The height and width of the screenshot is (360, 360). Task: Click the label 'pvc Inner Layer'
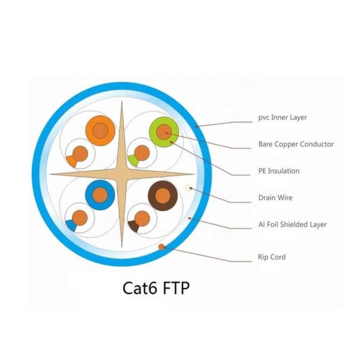click(282, 117)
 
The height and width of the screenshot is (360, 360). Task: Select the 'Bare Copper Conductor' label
click(296, 144)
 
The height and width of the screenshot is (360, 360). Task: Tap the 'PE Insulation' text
click(278, 171)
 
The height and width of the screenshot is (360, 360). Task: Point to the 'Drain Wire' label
click(275, 197)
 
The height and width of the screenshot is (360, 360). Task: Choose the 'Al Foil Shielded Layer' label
click(292, 224)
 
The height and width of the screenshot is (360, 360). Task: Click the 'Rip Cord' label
click(272, 257)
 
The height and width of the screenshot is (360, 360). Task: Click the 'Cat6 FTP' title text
click(156, 287)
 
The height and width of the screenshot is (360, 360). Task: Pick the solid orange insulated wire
click(100, 130)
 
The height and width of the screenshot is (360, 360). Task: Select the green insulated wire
click(163, 131)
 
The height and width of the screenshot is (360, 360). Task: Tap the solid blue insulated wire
click(99, 194)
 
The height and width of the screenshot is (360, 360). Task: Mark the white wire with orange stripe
click(80, 155)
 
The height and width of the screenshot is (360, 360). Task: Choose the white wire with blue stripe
click(79, 218)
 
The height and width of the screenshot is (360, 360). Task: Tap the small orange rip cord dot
click(161, 247)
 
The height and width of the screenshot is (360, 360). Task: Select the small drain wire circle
click(189, 188)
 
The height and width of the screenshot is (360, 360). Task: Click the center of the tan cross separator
click(122, 174)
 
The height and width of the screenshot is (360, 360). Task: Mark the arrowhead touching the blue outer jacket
click(197, 125)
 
